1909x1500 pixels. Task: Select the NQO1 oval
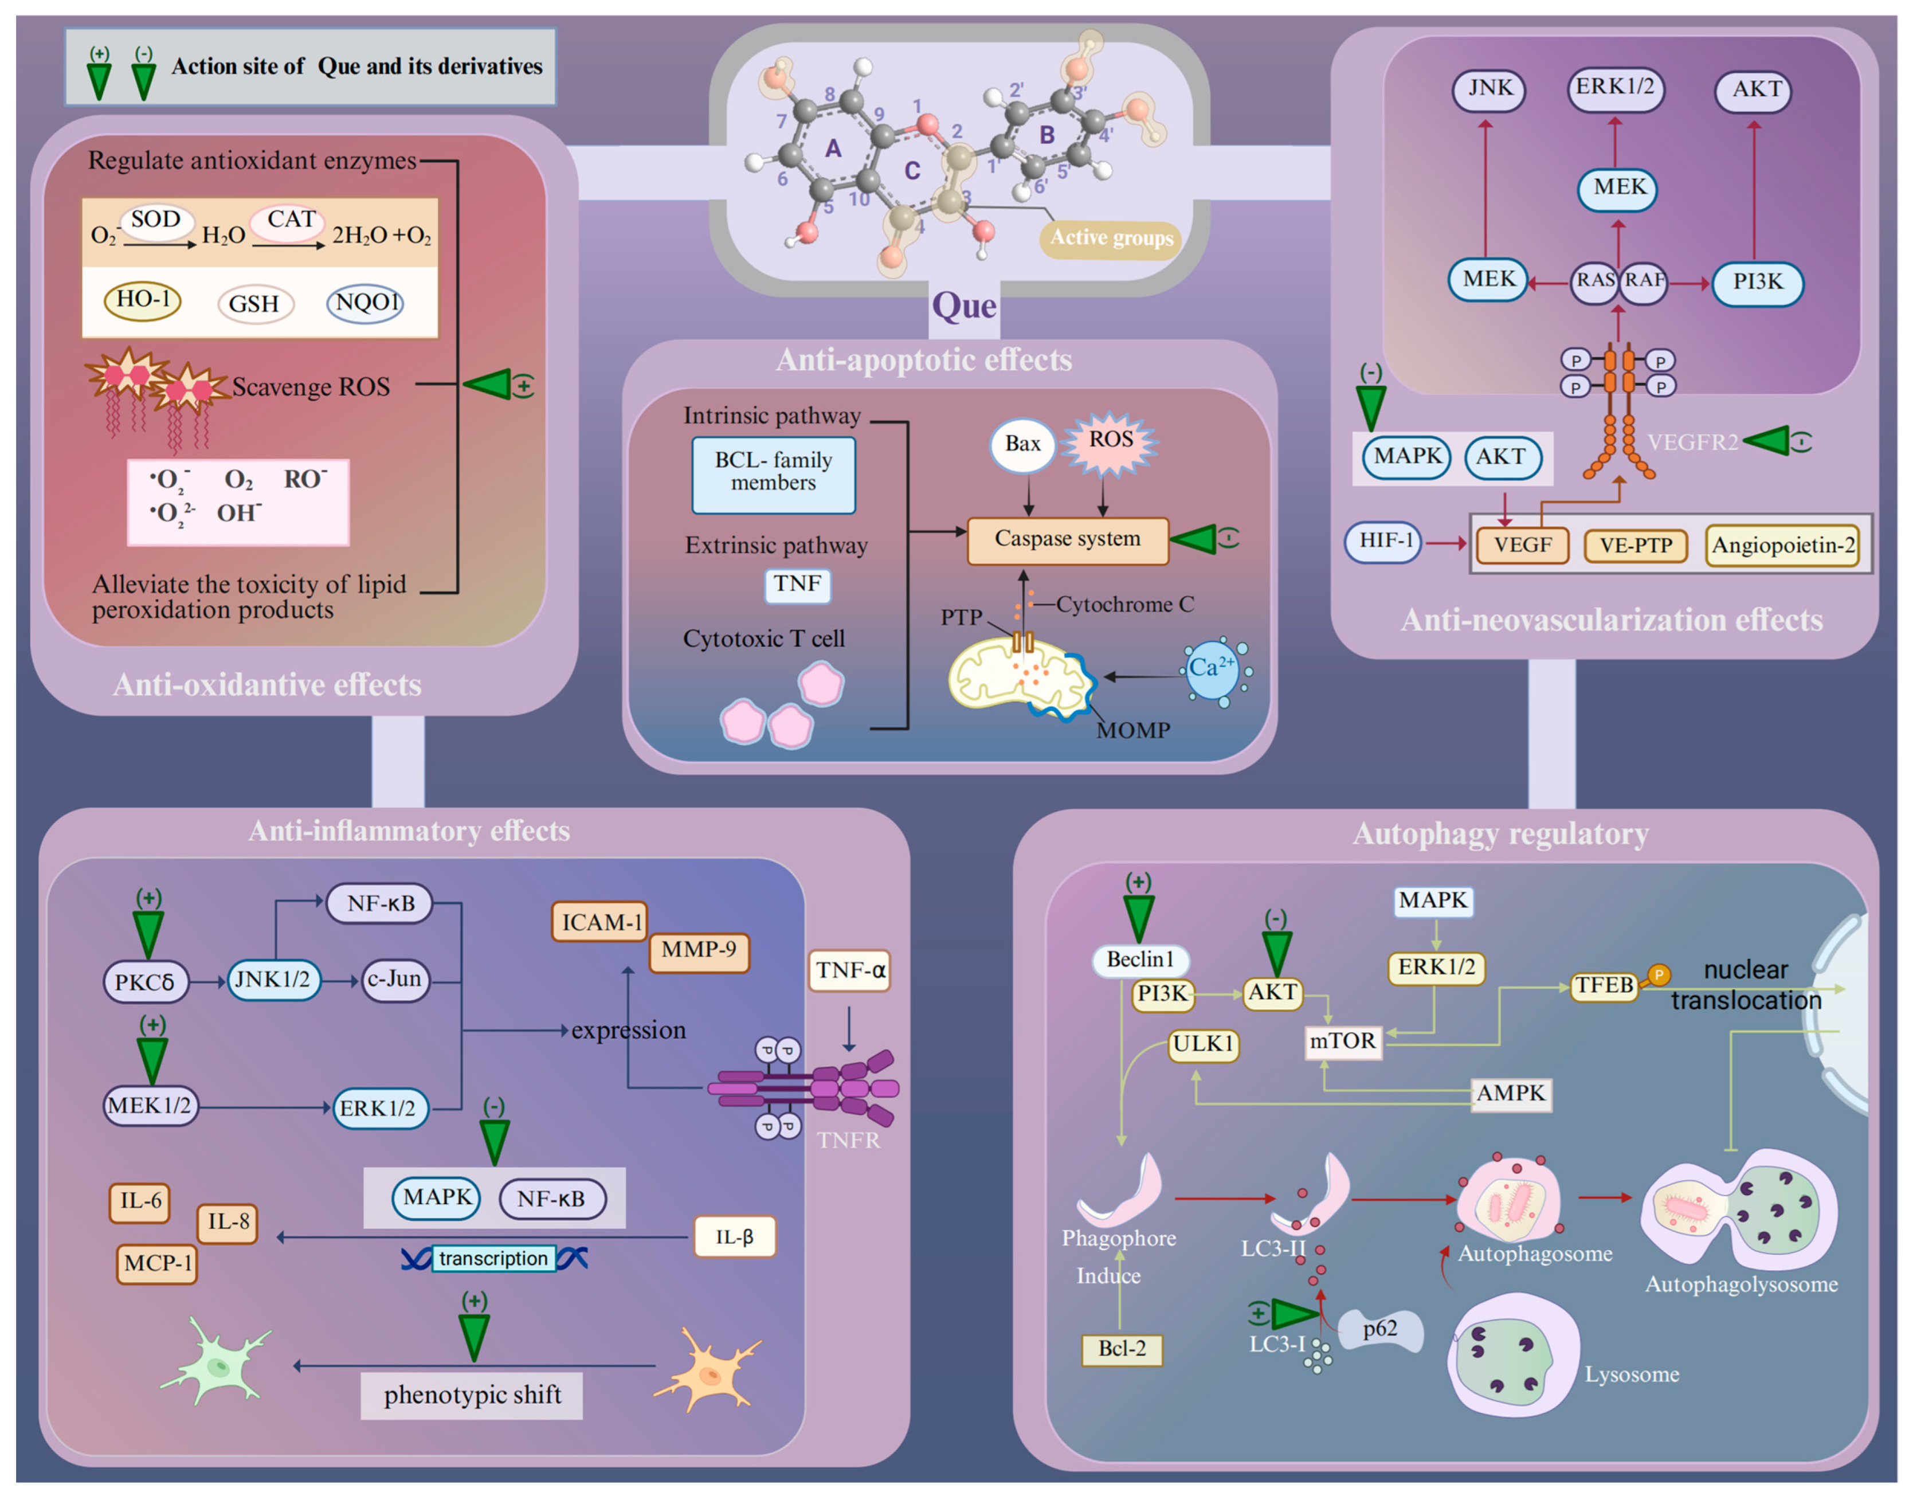point(365,303)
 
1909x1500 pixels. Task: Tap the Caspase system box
point(1067,539)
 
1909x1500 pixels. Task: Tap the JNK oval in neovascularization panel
point(1489,89)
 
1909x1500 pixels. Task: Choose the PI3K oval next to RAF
point(1757,282)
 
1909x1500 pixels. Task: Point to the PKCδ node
point(145,982)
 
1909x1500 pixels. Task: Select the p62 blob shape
point(1381,1330)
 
